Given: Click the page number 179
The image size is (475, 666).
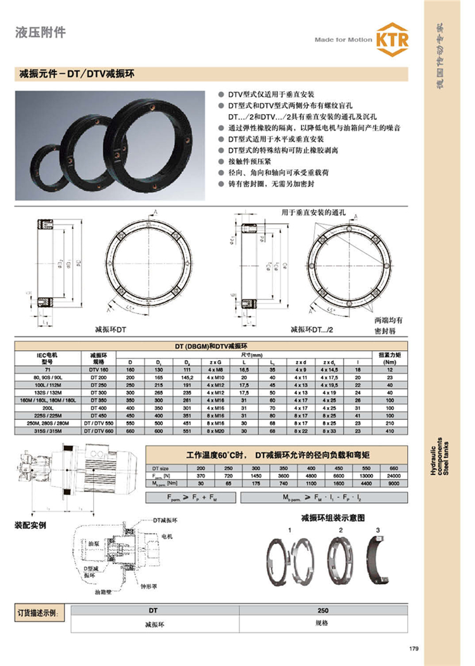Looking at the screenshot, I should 414,649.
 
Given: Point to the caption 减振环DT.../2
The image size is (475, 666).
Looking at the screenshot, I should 311,329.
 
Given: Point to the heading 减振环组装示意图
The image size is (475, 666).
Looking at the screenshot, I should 333,517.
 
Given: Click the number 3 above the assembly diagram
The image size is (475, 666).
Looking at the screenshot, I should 377,530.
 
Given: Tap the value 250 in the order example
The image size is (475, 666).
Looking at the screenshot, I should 324,611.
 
